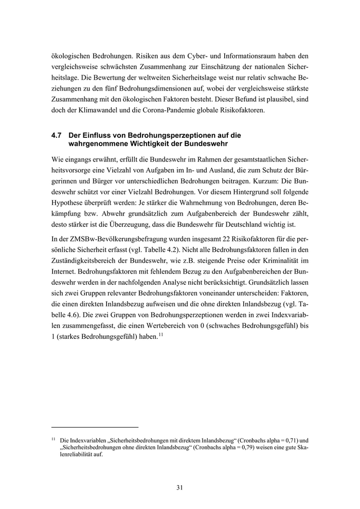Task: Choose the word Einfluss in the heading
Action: click(x=100, y=135)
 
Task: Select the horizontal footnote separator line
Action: click(x=95, y=427)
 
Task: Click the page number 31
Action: click(x=179, y=487)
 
